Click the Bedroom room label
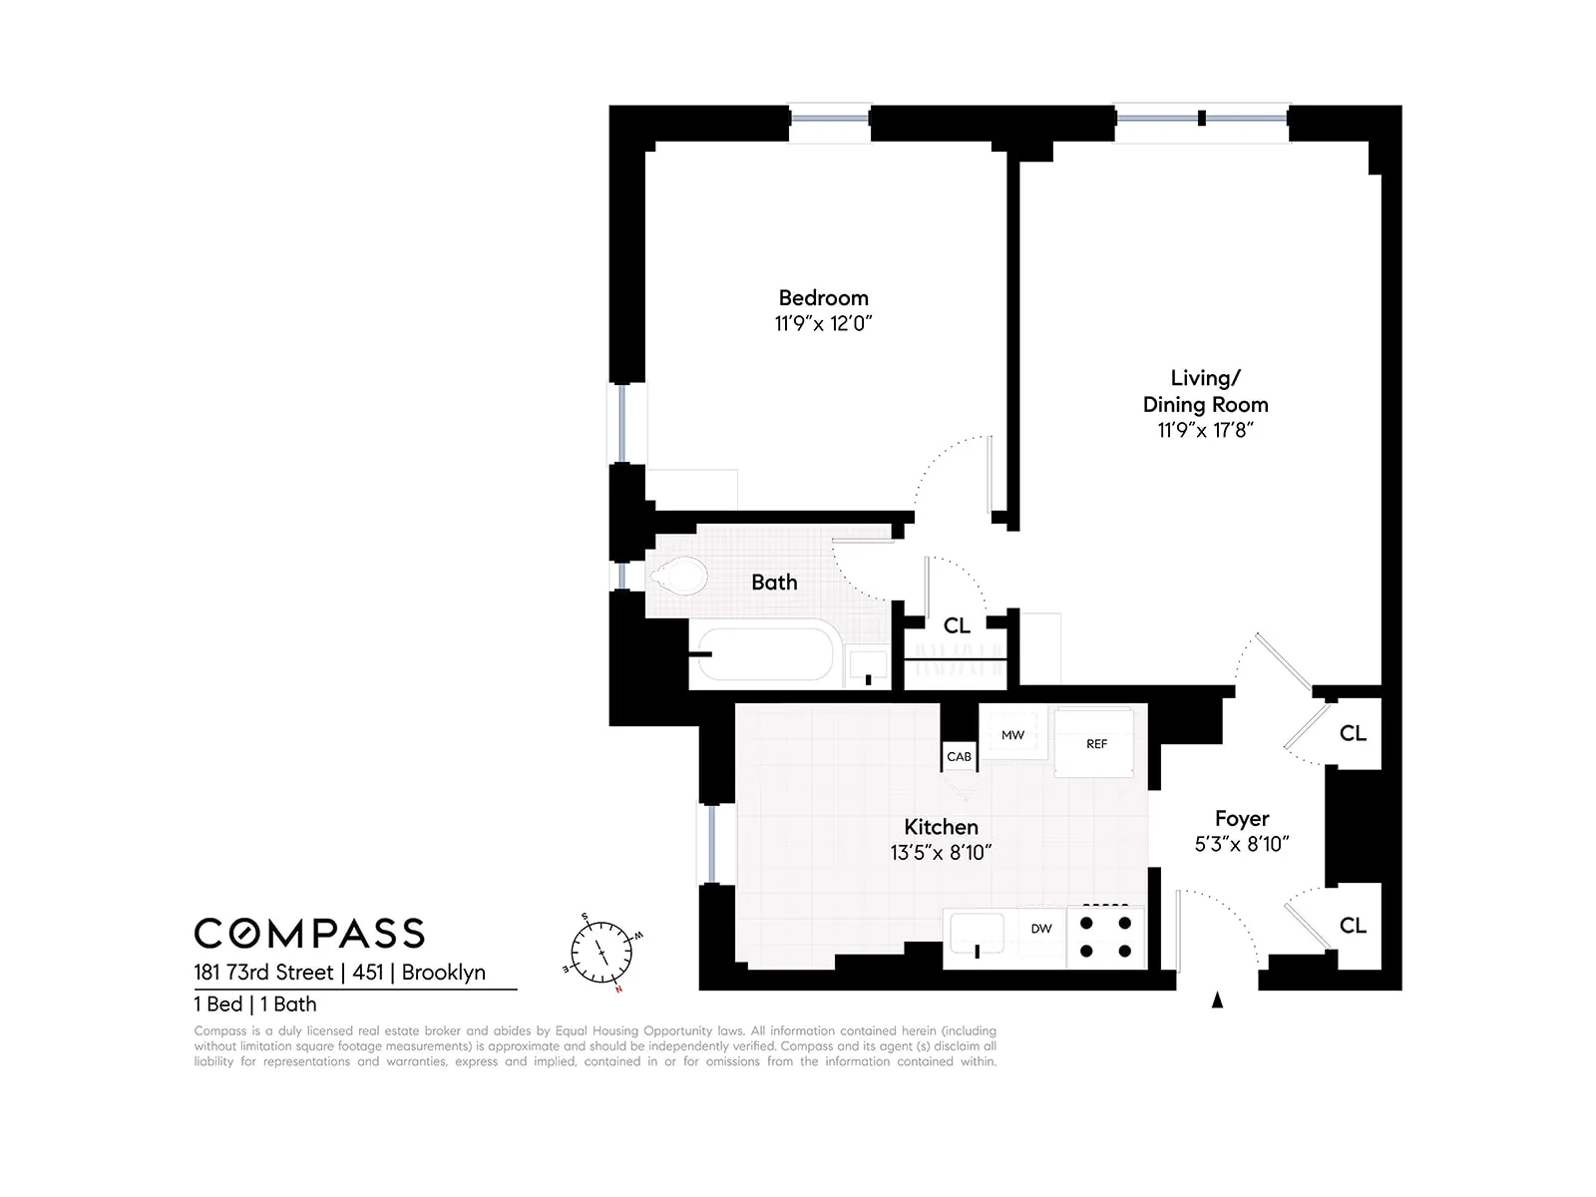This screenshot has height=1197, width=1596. (x=823, y=297)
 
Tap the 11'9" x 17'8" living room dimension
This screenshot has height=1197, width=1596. (x=1205, y=430)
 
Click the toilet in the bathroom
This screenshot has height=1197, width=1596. (x=678, y=577)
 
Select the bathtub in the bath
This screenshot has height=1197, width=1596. (x=765, y=651)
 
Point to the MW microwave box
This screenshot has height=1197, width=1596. (x=1012, y=735)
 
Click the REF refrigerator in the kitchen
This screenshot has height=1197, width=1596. (x=1095, y=744)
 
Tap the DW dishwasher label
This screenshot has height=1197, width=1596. (x=1040, y=929)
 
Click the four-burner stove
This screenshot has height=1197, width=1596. (x=1105, y=938)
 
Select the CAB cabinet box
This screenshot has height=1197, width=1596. (x=959, y=757)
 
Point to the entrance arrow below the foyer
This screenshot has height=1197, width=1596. (x=1217, y=1000)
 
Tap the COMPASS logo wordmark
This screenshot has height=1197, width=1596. (x=309, y=934)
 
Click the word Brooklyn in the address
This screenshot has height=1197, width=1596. (x=444, y=973)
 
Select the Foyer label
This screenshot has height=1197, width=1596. (x=1241, y=819)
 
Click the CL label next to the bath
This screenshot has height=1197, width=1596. (x=957, y=625)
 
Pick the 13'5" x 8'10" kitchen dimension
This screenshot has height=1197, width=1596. (x=941, y=853)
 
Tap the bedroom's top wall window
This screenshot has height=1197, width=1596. (x=830, y=118)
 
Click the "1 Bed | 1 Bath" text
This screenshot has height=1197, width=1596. (x=255, y=1004)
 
